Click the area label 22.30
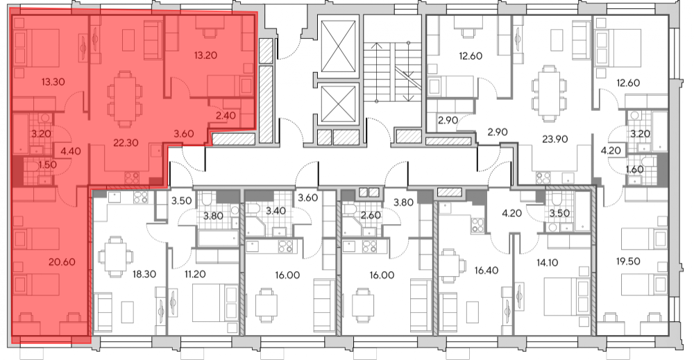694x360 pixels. [x=126, y=143]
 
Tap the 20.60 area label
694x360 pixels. [x=62, y=262]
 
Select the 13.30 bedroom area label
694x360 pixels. [x=53, y=82]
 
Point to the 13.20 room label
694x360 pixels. [x=205, y=55]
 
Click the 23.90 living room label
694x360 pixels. [x=555, y=139]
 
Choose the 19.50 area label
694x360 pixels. [x=628, y=262]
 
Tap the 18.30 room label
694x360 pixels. [x=144, y=274]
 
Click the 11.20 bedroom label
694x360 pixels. [x=195, y=274]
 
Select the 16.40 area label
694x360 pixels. [x=486, y=270]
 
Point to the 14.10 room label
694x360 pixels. [x=547, y=263]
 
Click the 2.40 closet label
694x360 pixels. [x=226, y=116]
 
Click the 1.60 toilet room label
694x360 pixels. [x=635, y=169]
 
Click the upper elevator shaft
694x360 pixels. [x=339, y=46]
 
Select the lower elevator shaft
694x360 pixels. [x=339, y=104]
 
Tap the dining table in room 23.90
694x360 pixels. [x=549, y=92]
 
